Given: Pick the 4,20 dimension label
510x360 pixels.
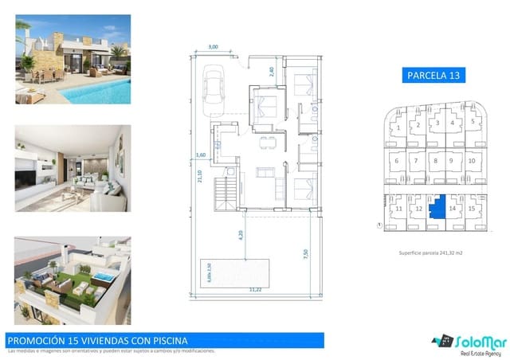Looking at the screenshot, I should tap(240, 235).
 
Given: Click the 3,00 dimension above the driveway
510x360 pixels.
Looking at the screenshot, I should tap(213, 47).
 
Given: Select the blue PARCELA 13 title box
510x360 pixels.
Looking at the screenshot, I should tap(434, 76).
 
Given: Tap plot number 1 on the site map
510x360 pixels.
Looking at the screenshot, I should tap(398, 126).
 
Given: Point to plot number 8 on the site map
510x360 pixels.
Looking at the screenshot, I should tap(435, 160).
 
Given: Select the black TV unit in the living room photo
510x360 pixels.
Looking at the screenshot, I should tap(32, 171).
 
